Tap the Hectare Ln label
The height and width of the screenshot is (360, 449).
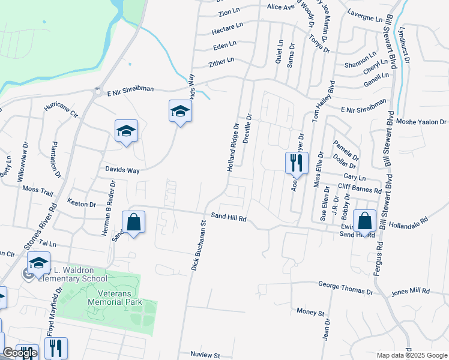(x=228, y=28)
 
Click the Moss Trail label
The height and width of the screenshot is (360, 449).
(x=38, y=189)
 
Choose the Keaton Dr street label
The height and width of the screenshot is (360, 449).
(x=82, y=204)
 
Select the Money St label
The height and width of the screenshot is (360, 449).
(x=310, y=313)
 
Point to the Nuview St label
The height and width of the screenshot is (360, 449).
(x=206, y=355)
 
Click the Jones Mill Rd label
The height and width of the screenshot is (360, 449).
(x=411, y=292)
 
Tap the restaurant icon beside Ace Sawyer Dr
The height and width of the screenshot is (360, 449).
(x=296, y=162)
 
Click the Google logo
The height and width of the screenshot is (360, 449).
(x=20, y=353)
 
